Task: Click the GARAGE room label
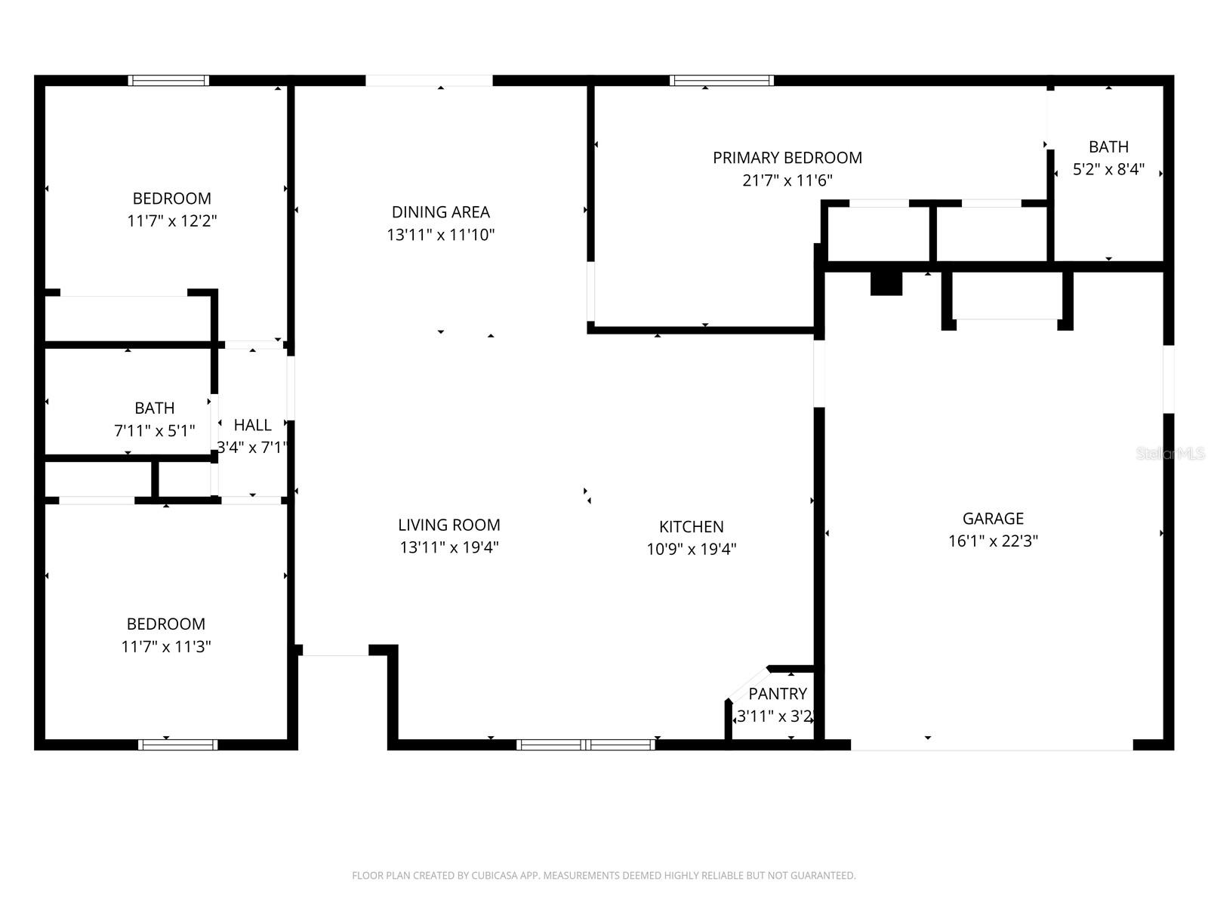pos(993,519)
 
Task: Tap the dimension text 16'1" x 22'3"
pos(993,541)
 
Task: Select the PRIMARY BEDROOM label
pos(787,158)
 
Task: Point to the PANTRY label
pos(778,694)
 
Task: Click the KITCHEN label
pos(691,527)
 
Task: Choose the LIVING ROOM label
pos(449,525)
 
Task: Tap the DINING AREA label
pos(440,212)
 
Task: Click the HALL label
pos(252,425)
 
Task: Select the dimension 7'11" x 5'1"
pos(155,431)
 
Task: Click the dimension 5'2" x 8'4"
pos(1108,170)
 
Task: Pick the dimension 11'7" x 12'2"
pos(172,221)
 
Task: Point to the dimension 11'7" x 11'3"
pos(166,647)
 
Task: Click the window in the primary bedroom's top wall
pos(721,81)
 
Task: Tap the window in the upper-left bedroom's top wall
pos(168,81)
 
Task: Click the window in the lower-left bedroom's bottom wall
pos(178,744)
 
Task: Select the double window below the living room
pos(585,744)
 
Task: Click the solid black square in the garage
pos(886,283)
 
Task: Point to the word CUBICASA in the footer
pos(494,876)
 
